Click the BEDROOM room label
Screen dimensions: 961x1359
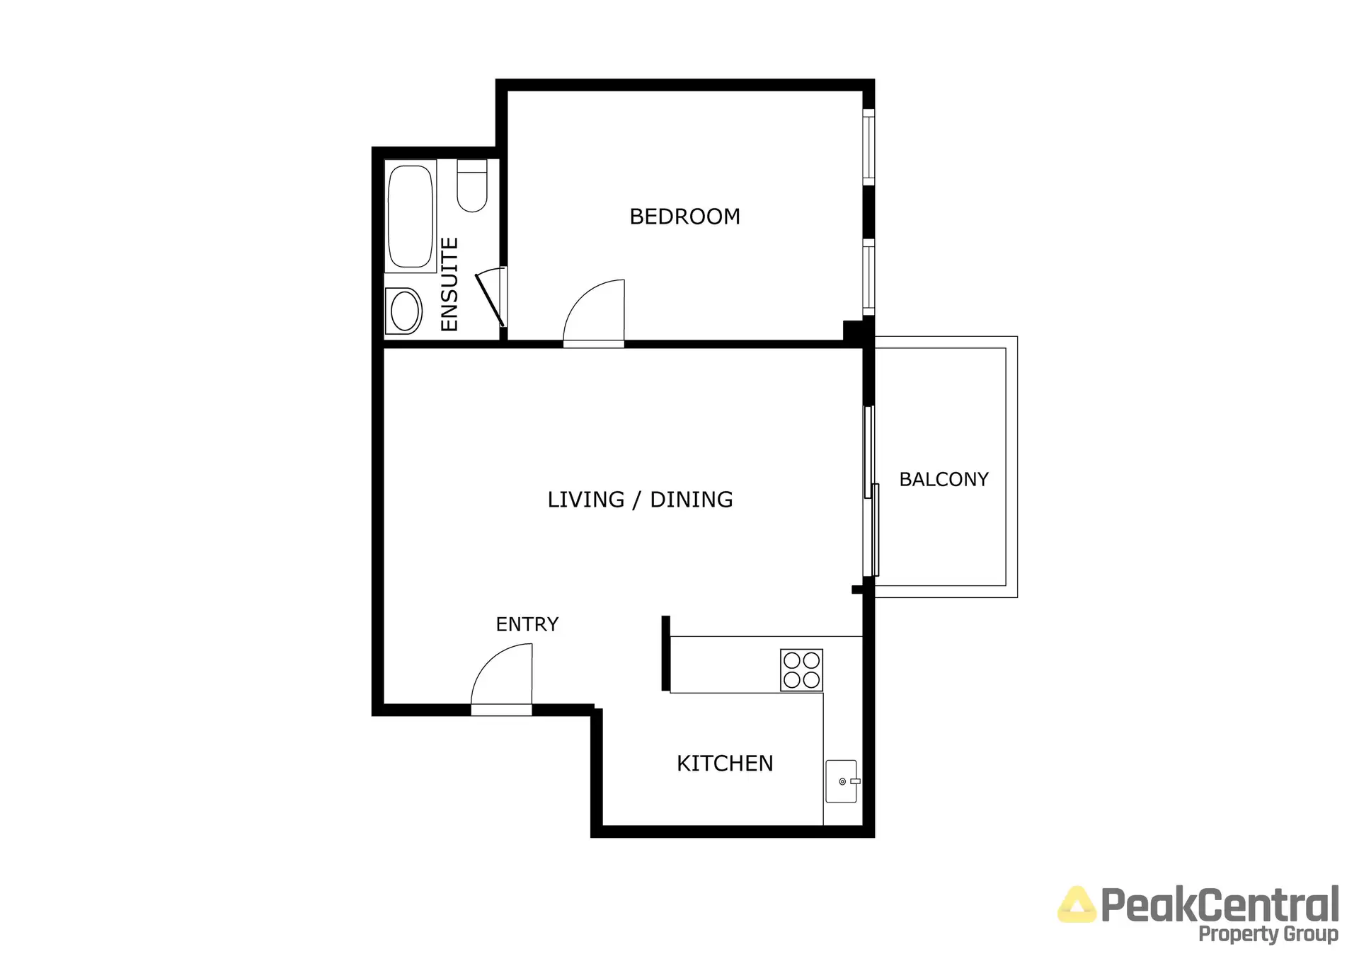point(684,217)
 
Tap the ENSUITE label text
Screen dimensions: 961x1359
point(449,284)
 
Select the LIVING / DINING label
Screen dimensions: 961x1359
point(640,500)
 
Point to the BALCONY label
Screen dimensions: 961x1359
point(944,479)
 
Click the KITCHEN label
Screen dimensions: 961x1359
point(725,764)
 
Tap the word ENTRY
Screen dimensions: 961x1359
point(527,624)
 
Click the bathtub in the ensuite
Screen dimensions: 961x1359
point(410,216)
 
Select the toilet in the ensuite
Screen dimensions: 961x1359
point(471,186)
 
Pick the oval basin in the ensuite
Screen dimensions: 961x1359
point(405,311)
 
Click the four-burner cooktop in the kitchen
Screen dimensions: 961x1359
point(801,669)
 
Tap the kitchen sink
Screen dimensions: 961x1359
point(841,781)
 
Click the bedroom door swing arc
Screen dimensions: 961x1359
point(593,311)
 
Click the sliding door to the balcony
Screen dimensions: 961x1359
point(871,492)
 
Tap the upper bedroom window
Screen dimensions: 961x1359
point(868,146)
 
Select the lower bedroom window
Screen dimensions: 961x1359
point(868,277)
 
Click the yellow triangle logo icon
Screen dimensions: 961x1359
point(1076,905)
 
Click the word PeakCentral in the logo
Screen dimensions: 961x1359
point(1220,905)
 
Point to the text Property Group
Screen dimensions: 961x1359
point(1268,934)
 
